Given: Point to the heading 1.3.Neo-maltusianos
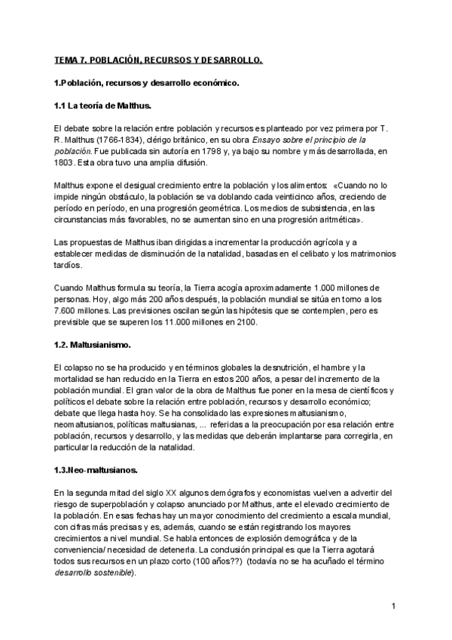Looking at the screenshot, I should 96,470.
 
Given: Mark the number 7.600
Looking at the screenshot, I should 68,311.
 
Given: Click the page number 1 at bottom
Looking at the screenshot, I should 394,606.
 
